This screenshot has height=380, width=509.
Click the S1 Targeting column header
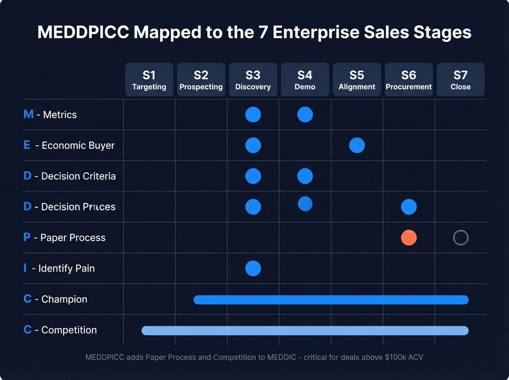click(x=149, y=80)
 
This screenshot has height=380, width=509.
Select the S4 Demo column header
click(x=305, y=80)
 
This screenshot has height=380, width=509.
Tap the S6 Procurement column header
click(x=409, y=80)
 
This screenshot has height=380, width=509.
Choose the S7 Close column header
click(x=460, y=80)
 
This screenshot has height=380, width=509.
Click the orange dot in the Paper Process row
click(x=409, y=238)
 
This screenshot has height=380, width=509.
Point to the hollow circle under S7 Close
click(x=461, y=238)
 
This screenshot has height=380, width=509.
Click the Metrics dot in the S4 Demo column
click(x=305, y=115)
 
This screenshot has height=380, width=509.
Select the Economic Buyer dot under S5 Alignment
click(x=357, y=145)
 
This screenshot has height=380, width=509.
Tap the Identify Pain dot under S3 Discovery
click(x=253, y=268)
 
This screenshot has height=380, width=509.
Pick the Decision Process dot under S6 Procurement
click(x=409, y=207)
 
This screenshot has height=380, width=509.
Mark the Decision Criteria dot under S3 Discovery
click(x=253, y=176)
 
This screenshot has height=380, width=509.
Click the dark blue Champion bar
click(x=331, y=300)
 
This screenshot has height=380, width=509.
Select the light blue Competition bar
click(x=305, y=331)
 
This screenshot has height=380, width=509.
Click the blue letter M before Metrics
click(x=28, y=115)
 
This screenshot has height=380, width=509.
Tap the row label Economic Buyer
click(x=78, y=145)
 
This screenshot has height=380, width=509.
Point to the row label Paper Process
click(x=73, y=238)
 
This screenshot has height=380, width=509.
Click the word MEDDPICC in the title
click(x=83, y=32)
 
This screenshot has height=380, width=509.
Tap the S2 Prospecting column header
click(x=201, y=80)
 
